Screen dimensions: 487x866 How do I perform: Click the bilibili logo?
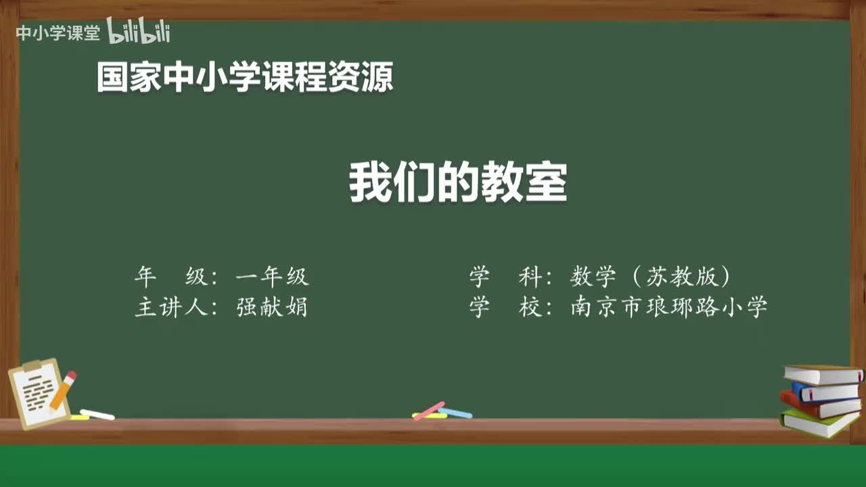(138, 31)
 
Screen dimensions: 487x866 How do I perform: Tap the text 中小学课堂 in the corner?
(58, 32)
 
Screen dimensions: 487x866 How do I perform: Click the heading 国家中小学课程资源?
(244, 77)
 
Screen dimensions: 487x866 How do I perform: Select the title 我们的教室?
(458, 183)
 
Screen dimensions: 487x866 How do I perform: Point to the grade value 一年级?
(272, 277)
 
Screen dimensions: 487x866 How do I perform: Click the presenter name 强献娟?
(272, 308)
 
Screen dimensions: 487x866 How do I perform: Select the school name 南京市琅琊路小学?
(669, 308)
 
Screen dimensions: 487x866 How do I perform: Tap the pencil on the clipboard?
(63, 390)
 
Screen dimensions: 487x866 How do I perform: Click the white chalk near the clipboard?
(97, 414)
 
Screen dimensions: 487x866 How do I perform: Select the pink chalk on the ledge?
(429, 411)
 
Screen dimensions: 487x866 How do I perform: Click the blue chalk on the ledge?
(455, 413)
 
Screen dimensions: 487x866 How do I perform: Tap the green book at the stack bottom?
(819, 423)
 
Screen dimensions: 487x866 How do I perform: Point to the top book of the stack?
(822, 374)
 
